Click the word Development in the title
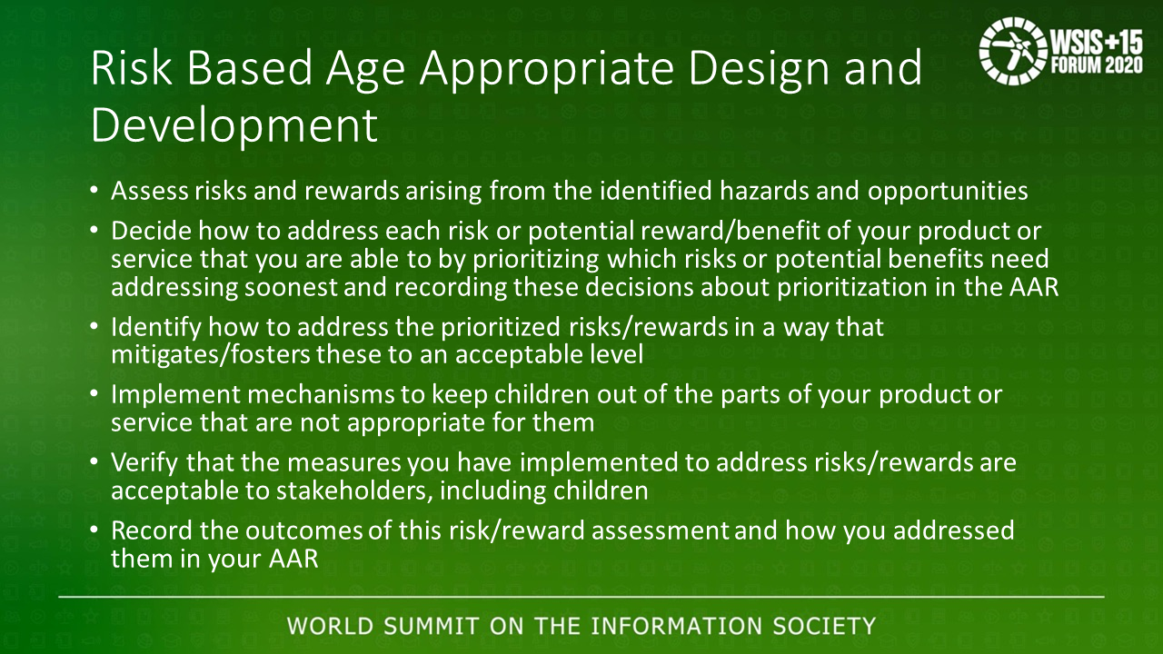(234, 126)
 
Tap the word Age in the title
(364, 70)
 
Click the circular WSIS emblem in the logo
(1012, 50)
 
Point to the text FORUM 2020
(1097, 64)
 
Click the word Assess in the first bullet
(150, 191)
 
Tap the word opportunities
(948, 192)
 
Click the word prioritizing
(535, 260)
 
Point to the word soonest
(291, 288)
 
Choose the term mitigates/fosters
(211, 355)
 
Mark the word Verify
(144, 463)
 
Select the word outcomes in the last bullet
(303, 531)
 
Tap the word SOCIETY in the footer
(824, 626)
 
